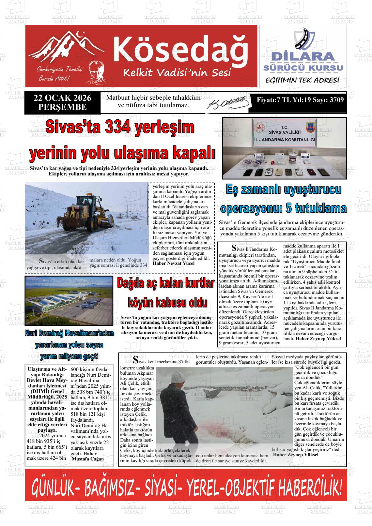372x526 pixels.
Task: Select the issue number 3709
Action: point(336,100)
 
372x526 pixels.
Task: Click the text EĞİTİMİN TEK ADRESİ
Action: point(302,80)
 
